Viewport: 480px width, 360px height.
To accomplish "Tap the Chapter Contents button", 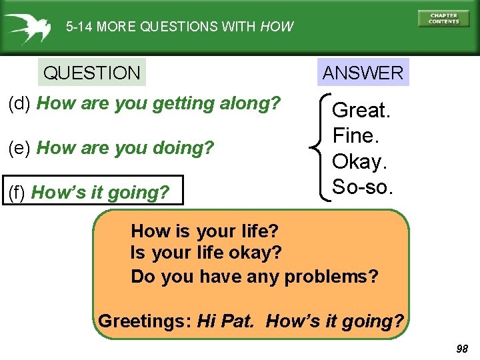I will point(443,19).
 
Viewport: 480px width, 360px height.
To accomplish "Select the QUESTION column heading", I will point(92,73).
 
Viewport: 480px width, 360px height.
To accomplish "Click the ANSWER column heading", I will point(363,73).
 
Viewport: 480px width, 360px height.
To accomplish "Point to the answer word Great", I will point(361,110).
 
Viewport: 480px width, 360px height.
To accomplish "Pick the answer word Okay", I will point(359,162).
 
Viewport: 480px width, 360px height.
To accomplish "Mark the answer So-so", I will point(362,187).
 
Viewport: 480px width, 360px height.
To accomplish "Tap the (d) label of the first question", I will point(20,104).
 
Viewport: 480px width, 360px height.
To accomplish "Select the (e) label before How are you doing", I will point(20,148).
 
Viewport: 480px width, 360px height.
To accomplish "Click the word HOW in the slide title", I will point(277,27).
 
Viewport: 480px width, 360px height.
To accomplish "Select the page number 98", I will point(462,349).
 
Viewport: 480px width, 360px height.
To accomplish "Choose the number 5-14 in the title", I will point(79,27).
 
